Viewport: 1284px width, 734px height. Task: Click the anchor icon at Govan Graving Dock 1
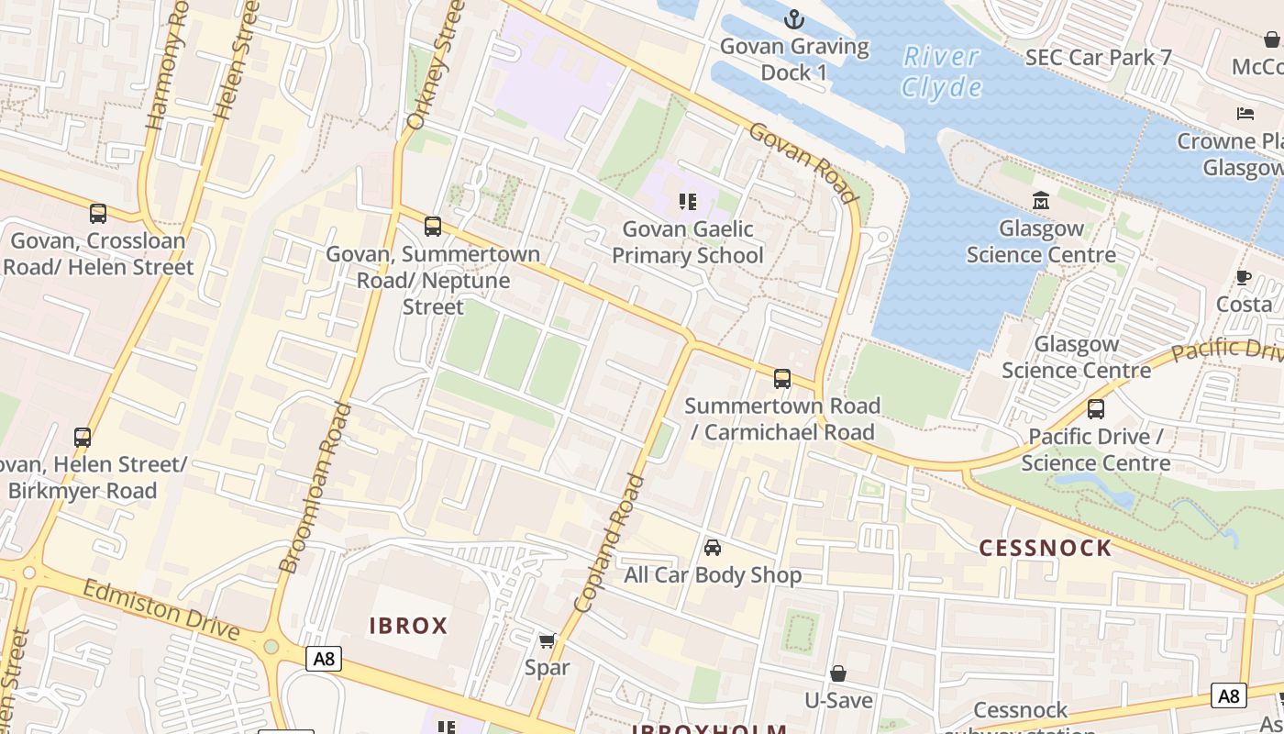coord(794,19)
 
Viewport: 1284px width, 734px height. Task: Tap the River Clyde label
coord(941,72)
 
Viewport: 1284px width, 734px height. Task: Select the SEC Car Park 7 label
coord(1099,57)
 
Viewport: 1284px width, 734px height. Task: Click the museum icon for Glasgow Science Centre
coord(1041,201)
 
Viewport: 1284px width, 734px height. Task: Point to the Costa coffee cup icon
coord(1244,277)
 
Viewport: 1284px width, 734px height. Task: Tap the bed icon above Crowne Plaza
coord(1245,114)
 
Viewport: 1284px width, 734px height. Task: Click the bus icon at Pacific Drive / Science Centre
coord(1096,409)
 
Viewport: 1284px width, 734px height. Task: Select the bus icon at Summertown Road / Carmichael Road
coord(782,378)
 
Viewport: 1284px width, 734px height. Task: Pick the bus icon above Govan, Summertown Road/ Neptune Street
coord(433,226)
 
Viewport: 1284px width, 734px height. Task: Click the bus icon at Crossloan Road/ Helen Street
coord(98,214)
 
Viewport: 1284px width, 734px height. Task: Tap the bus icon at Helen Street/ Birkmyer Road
coord(83,438)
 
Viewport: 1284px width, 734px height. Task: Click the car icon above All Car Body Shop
coord(713,548)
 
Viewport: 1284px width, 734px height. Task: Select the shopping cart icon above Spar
coord(548,640)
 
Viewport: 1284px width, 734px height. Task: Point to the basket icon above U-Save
coord(838,673)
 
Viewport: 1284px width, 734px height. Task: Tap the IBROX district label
coord(408,627)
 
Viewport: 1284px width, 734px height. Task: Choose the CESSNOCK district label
coord(1046,549)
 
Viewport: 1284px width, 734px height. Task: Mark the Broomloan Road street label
coord(315,488)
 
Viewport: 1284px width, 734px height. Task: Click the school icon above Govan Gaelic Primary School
coord(687,202)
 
